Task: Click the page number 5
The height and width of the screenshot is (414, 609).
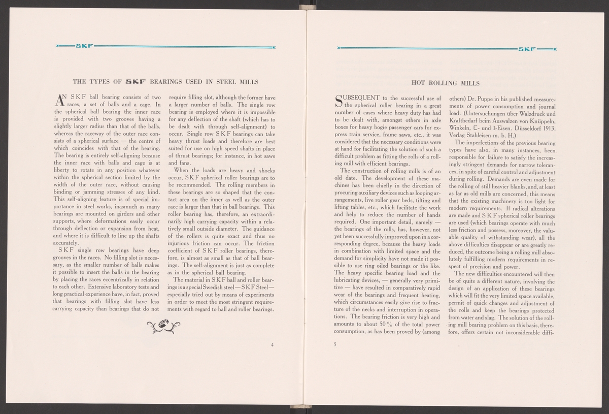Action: click(x=335, y=343)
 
